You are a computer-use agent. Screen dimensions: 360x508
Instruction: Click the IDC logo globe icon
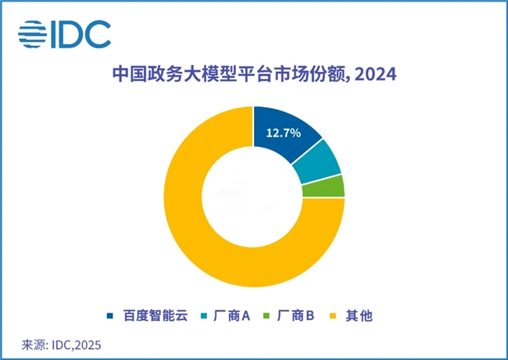click(33, 34)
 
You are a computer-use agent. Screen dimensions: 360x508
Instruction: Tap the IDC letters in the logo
click(81, 34)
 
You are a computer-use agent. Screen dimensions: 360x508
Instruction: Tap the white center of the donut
click(253, 198)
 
